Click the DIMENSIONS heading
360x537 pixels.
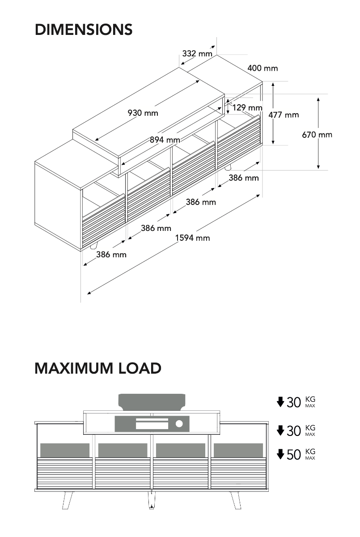(84, 30)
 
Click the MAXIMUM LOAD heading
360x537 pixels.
(98, 368)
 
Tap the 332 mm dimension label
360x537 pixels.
(197, 53)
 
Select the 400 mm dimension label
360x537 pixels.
(263, 68)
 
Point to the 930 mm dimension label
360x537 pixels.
(143, 113)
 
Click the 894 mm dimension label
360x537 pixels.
(165, 140)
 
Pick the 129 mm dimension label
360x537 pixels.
(247, 107)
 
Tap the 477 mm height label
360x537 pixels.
(284, 115)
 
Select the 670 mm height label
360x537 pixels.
(317, 135)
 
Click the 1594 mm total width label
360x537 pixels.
(192, 238)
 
